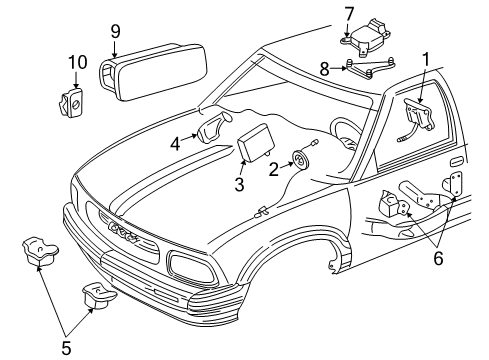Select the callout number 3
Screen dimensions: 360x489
click(240, 184)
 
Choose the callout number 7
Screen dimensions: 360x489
click(349, 13)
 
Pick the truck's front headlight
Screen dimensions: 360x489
click(187, 266)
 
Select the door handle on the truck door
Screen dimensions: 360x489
click(456, 160)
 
